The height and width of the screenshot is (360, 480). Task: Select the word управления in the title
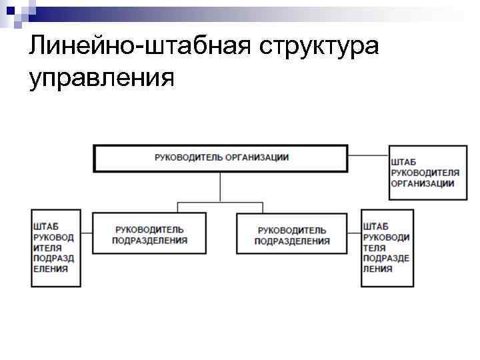coord(101,78)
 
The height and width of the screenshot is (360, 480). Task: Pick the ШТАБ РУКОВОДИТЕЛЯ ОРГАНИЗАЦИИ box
coord(423,172)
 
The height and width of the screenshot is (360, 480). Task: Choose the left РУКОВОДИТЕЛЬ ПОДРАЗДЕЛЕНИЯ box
coord(149,234)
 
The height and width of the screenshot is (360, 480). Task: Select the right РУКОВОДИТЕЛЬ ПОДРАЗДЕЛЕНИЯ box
coord(291,234)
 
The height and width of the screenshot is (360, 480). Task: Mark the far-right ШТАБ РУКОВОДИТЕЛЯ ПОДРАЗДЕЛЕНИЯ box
coord(387,247)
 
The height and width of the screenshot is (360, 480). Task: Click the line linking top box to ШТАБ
coord(368,156)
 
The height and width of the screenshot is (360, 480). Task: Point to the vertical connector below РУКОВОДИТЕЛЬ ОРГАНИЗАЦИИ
coord(220,185)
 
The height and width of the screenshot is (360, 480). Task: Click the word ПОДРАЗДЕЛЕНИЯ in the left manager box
coord(149,241)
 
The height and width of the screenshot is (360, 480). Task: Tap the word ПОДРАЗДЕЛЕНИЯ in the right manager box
coord(292,241)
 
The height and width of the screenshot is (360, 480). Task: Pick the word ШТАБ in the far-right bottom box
coord(377,226)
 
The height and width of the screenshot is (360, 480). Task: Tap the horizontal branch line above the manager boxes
coord(220,201)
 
